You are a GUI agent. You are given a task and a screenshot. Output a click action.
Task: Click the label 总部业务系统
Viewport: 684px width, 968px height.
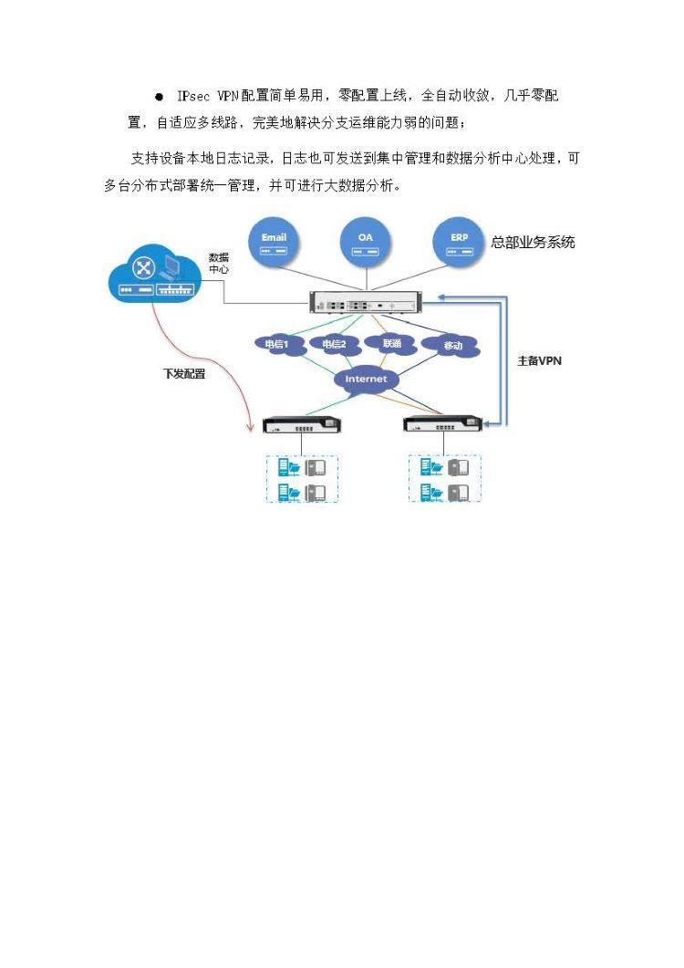click(533, 243)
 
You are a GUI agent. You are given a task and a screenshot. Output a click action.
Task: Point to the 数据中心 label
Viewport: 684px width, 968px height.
click(219, 263)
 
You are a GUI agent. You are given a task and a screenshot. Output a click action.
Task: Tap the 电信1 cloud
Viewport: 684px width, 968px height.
click(276, 345)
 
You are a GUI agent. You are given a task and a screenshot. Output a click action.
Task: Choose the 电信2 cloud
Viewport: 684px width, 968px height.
click(333, 345)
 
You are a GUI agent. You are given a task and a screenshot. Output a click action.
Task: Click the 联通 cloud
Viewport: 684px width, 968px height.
click(392, 344)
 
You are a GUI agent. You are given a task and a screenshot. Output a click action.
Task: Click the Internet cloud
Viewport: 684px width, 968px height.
click(366, 379)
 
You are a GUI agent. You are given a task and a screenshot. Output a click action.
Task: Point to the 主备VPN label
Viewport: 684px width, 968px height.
click(539, 360)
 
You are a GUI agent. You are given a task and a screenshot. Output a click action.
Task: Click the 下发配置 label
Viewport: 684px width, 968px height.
click(183, 374)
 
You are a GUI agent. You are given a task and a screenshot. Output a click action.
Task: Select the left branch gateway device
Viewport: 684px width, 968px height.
click(301, 426)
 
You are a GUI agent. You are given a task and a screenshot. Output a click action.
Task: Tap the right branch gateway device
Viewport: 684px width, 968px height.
click(441, 426)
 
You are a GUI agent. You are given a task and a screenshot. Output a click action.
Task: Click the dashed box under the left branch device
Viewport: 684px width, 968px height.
click(302, 479)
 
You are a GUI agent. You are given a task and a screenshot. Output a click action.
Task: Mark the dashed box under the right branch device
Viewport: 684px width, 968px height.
click(444, 479)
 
